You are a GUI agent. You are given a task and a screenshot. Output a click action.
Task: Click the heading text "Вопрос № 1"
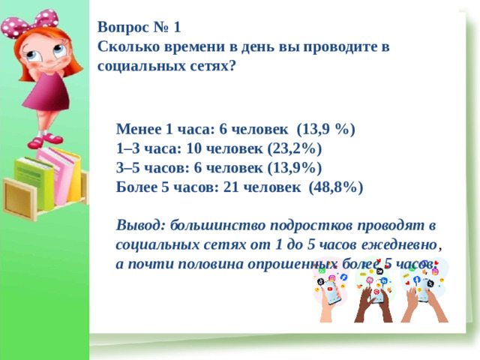click(139, 28)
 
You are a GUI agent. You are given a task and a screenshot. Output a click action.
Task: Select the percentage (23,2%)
click(295, 148)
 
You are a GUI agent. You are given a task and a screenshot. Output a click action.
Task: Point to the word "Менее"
click(139, 128)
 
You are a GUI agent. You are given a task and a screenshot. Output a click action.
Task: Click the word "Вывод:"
click(141, 225)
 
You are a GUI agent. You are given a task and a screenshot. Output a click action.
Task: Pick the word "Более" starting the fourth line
click(137, 187)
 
